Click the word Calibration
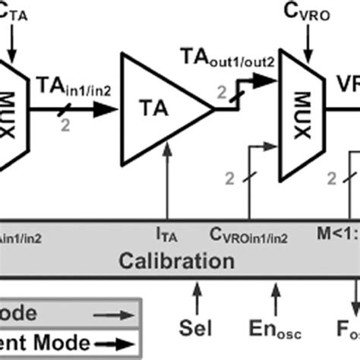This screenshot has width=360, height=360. tap(176, 262)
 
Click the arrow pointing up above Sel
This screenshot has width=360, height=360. tap(197, 293)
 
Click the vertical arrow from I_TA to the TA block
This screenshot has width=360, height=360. tap(166, 190)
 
